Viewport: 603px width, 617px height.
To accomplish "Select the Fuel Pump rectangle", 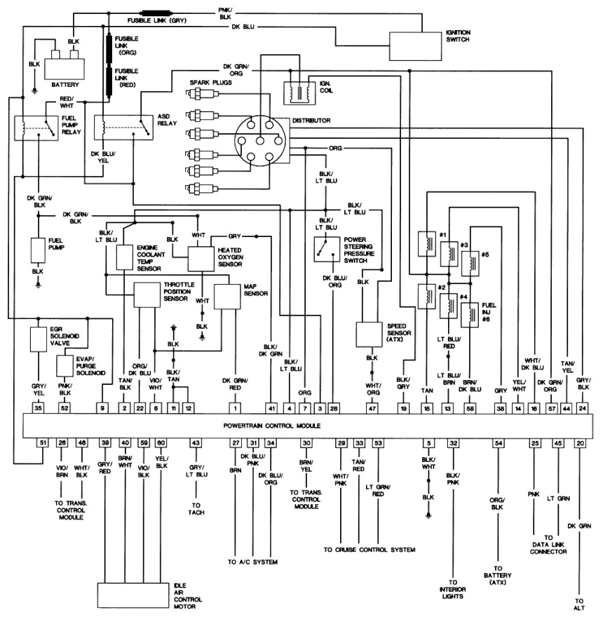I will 37,250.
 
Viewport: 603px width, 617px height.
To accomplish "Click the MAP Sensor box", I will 227,296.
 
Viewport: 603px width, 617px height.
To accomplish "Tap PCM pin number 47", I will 372,407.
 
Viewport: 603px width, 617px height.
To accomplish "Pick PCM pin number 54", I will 499,443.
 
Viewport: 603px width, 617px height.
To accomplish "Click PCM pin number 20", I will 579,443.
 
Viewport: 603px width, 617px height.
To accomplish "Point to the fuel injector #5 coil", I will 468,262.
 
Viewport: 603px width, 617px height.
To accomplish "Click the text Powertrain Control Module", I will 272,426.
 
